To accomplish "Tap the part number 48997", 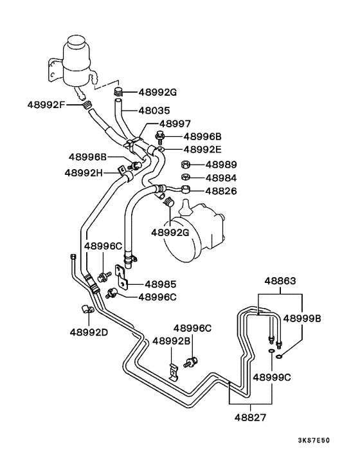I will click(178, 123).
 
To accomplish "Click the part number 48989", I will click(221, 165).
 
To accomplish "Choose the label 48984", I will click(221, 177).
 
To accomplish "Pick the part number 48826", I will click(221, 190).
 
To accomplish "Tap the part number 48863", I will click(282, 280).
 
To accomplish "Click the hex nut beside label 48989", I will click(184, 165).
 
